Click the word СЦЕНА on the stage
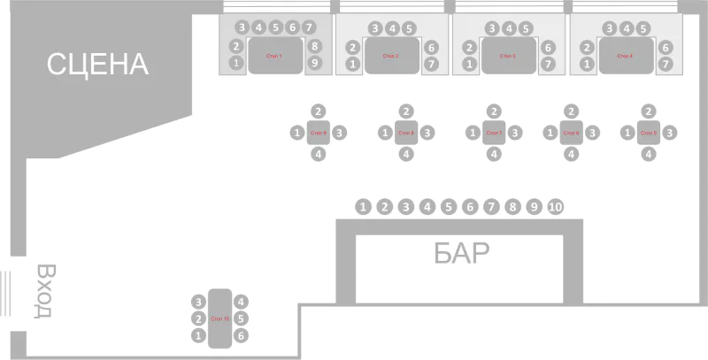coord(97,64)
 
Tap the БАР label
coord(461,254)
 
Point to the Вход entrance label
coord(45,289)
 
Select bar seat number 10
coord(555,206)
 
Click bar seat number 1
coord(363,206)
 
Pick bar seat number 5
coord(449,206)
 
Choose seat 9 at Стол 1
coord(314,63)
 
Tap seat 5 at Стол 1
coord(275,27)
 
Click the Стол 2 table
coord(391,56)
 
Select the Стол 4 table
coord(626,56)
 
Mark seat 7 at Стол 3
coord(547,64)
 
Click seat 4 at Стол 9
coord(319,154)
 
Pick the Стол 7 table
coord(494,133)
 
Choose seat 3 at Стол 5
coord(670,133)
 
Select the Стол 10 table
coord(220,318)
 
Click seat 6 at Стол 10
coord(242,335)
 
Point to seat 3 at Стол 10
coord(199,302)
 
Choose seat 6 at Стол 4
coord(666,47)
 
